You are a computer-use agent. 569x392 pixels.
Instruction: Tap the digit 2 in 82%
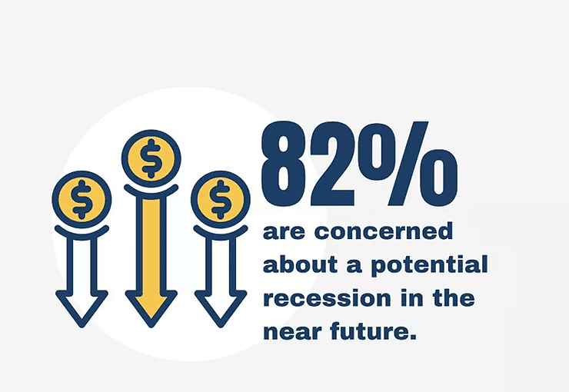(332, 164)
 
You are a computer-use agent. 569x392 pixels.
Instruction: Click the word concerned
(384, 231)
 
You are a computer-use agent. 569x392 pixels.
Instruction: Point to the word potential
(429, 265)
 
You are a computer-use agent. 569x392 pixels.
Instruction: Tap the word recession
(328, 298)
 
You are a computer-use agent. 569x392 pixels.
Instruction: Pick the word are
(284, 232)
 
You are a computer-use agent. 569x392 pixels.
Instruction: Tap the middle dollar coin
(151, 158)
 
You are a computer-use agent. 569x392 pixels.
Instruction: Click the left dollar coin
(82, 199)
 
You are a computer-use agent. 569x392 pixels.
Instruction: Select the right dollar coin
(220, 199)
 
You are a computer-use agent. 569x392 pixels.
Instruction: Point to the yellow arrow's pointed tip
(151, 327)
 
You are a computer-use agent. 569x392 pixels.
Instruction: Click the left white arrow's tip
(82, 327)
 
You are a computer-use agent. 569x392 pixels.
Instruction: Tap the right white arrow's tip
(220, 327)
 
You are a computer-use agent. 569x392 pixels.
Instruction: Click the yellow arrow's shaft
(151, 247)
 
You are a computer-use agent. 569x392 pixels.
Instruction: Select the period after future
(412, 337)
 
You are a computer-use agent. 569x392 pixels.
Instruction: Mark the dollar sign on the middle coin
(151, 158)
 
